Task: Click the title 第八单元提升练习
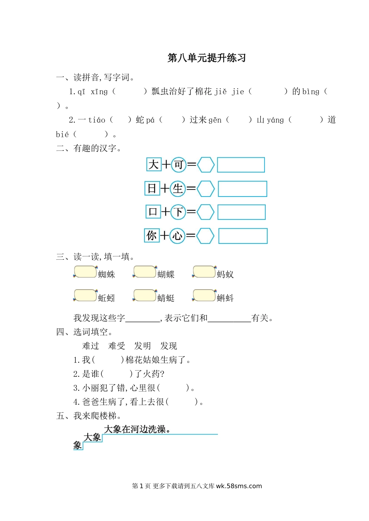click(207, 58)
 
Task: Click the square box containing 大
click(153, 164)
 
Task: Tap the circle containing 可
click(178, 165)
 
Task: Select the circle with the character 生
click(178, 189)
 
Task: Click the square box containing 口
click(153, 212)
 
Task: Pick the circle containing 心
click(177, 236)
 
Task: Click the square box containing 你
click(152, 235)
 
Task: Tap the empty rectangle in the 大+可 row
click(241, 165)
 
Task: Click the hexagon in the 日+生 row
click(205, 189)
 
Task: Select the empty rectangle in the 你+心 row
click(243, 236)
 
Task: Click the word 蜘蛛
click(106, 274)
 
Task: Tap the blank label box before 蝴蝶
click(144, 272)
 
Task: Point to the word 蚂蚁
click(225, 274)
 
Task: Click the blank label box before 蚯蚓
click(85, 295)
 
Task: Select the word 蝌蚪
click(225, 298)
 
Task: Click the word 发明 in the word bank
click(143, 346)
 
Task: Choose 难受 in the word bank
click(117, 346)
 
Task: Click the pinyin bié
click(62, 135)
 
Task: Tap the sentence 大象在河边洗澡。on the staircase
click(138, 429)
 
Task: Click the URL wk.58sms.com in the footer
click(239, 486)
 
